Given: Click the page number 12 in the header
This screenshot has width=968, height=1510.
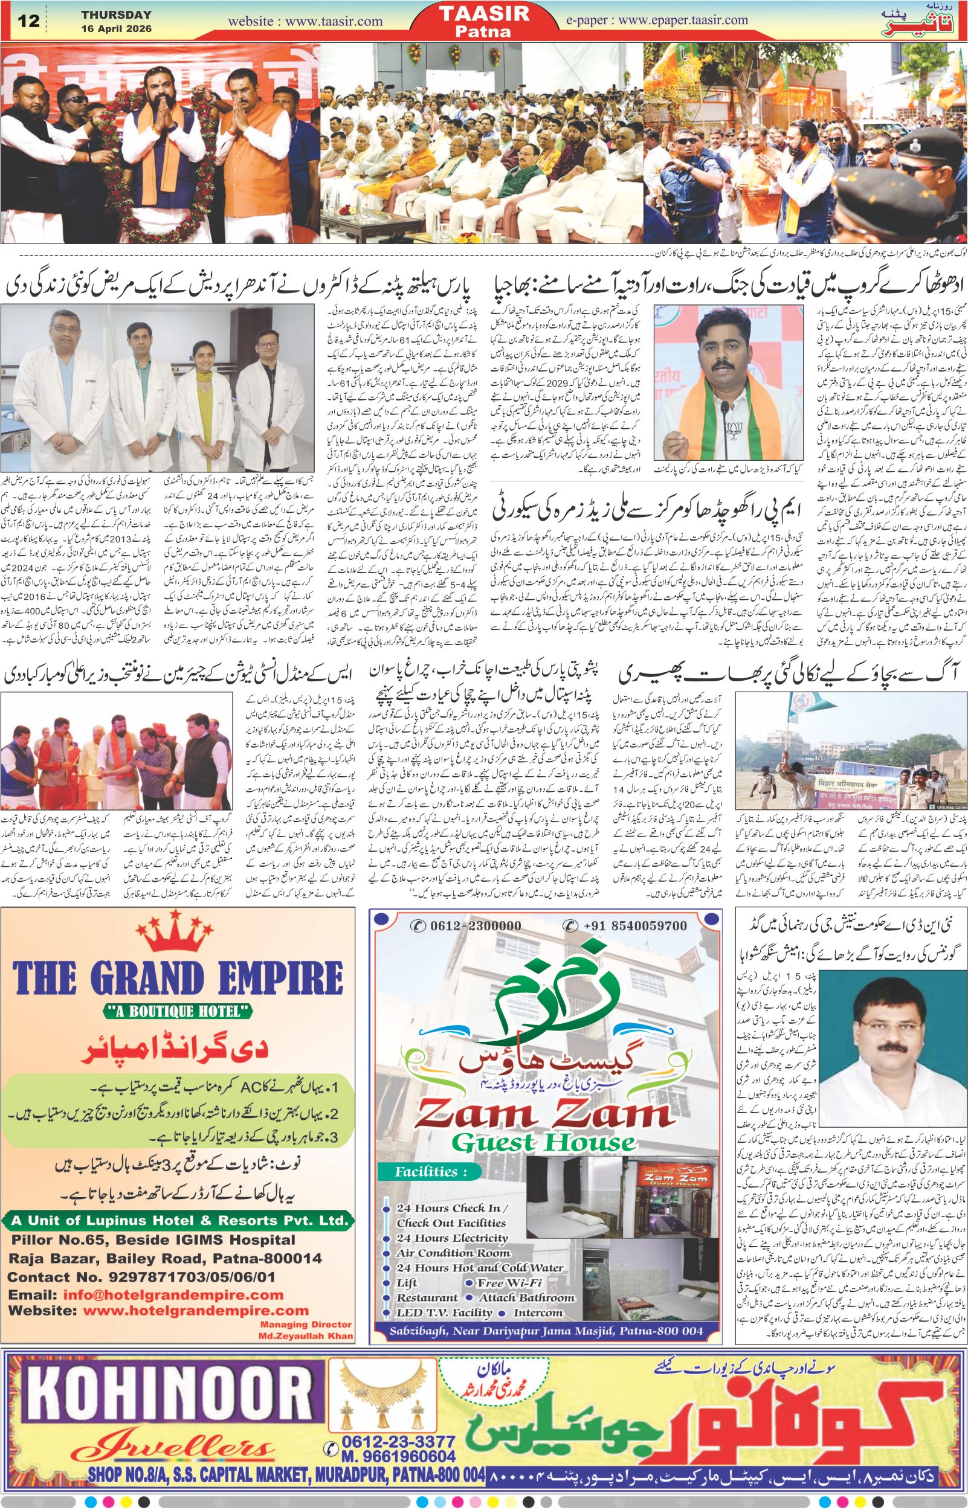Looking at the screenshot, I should (30, 21).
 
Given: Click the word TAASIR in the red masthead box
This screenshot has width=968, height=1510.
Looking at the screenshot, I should (485, 14).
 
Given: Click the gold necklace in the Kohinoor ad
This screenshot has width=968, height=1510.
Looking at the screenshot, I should (380, 1381).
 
